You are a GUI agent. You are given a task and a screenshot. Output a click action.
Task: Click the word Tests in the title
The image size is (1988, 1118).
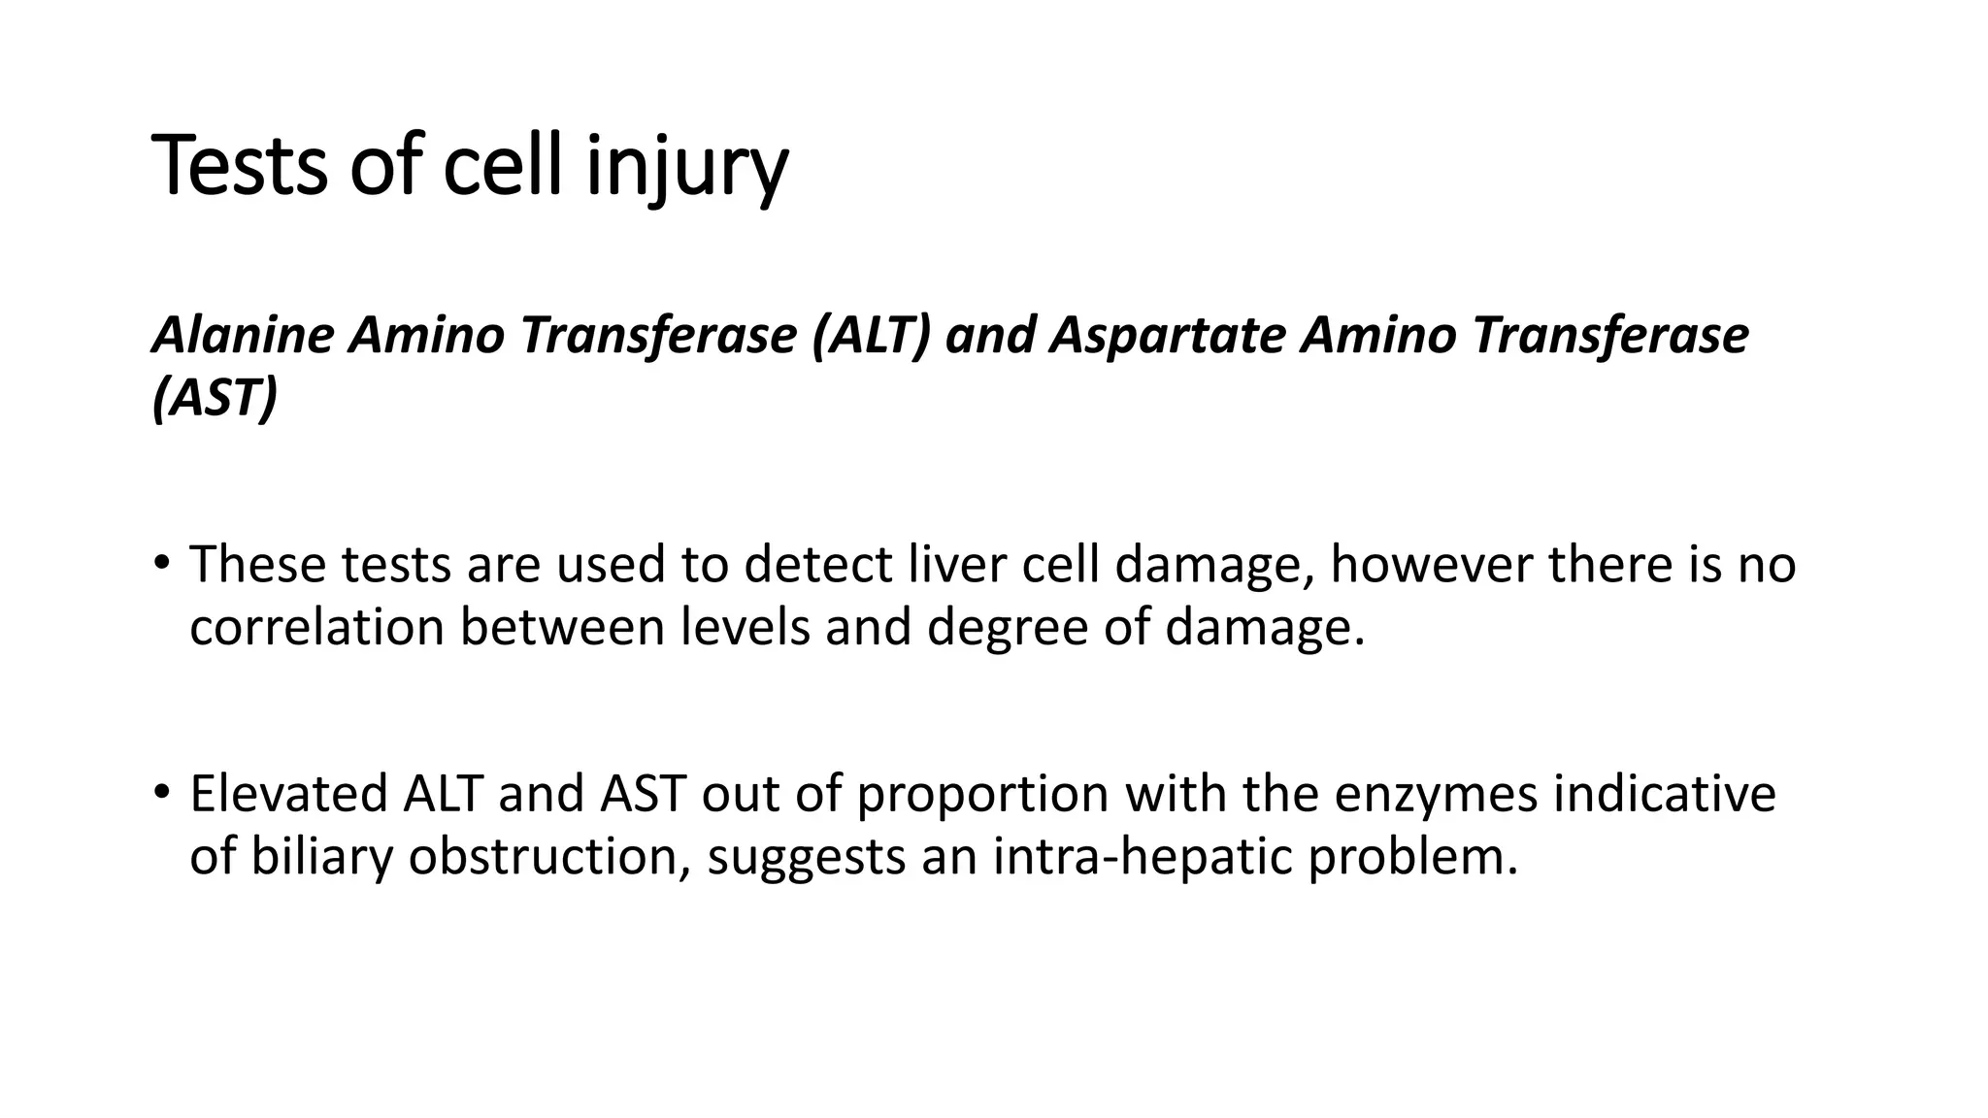tap(241, 167)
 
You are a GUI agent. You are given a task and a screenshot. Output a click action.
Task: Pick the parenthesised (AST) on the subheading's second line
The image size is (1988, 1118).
tap(215, 398)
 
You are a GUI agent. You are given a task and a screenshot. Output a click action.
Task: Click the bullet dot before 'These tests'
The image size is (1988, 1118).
tap(161, 562)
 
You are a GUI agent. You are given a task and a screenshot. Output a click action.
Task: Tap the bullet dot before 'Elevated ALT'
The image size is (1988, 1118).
tap(161, 791)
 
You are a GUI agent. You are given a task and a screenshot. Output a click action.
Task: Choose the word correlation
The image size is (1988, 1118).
tap(316, 627)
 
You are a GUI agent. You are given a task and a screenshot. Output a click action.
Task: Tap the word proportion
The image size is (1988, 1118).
tap(982, 795)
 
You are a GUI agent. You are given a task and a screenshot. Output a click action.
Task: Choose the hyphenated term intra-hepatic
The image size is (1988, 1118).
tap(1142, 857)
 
